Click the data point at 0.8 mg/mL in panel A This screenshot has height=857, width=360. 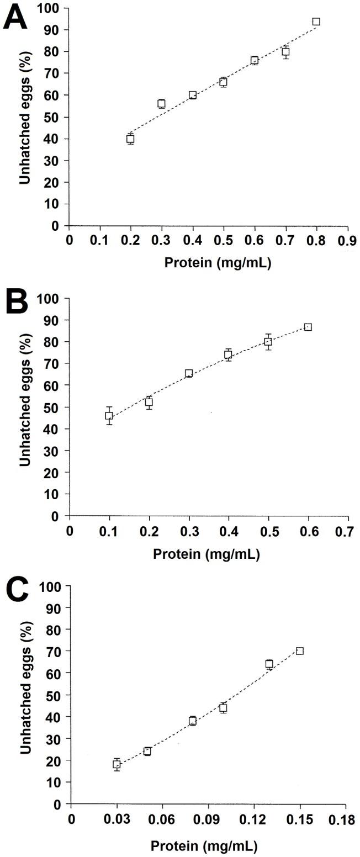[x=316, y=22]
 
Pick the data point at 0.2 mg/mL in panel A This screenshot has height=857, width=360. [x=130, y=139]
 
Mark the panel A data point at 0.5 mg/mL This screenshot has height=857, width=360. [x=223, y=82]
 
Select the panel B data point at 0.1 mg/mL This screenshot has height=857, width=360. [x=109, y=416]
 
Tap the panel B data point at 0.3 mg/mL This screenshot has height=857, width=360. [x=189, y=373]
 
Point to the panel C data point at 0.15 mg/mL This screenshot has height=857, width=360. [x=300, y=651]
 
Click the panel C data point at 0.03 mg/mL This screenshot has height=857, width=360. [x=117, y=764]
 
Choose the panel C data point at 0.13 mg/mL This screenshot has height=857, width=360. [x=269, y=664]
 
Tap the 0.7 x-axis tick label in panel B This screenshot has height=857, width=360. [x=347, y=531]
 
